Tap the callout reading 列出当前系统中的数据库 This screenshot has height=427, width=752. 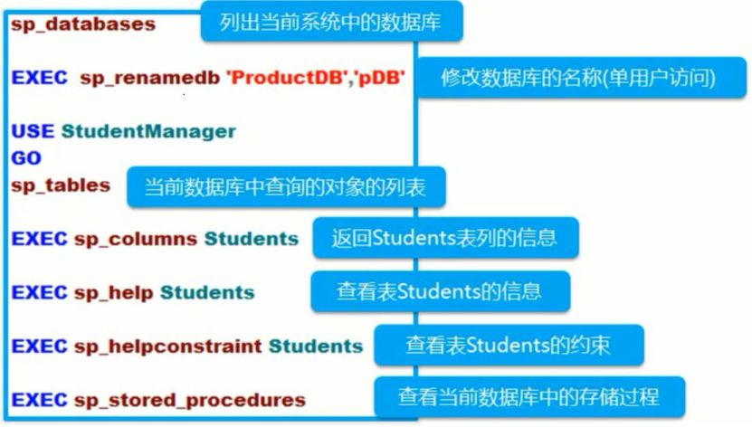click(331, 23)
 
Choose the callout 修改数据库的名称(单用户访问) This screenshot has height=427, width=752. click(581, 78)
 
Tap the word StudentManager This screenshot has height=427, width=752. click(148, 131)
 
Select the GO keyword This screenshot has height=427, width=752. click(26, 157)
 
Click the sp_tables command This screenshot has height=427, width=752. click(61, 185)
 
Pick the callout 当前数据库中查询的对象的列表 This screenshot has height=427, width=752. click(285, 187)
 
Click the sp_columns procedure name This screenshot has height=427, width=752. click(136, 239)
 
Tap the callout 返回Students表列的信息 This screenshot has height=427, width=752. click(443, 238)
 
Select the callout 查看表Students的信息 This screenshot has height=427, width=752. click(440, 291)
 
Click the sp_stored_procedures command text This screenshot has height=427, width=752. click(189, 400)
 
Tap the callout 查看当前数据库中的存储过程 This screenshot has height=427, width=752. click(528, 397)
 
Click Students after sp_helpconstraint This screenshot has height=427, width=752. click(315, 346)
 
